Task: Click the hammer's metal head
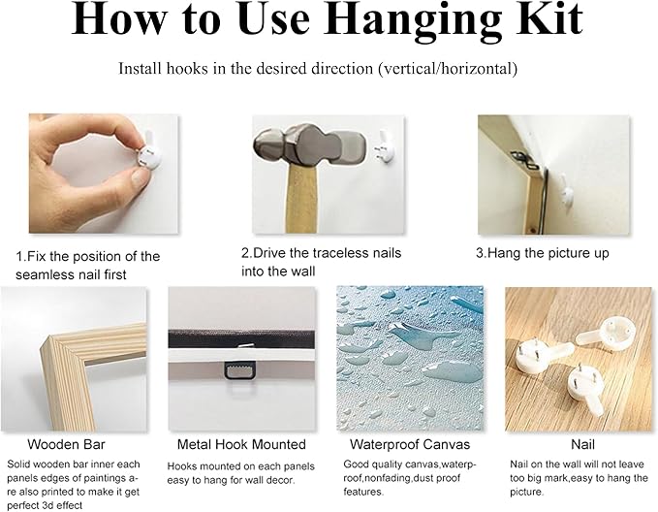point(309,146)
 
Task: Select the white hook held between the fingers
point(149,153)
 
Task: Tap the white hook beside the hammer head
point(384,147)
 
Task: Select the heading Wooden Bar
point(66,444)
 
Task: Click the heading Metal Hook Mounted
point(241,444)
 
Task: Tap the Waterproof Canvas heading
point(410,444)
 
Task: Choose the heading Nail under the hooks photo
point(582,444)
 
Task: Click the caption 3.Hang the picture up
point(542,253)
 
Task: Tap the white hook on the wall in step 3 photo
point(567,191)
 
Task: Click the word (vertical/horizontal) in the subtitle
point(448,69)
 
